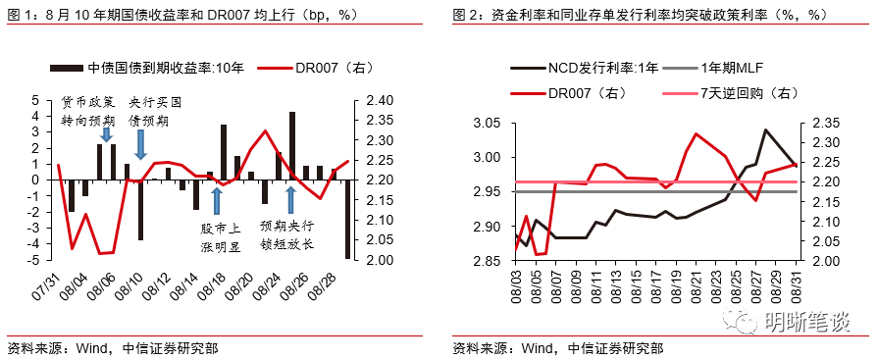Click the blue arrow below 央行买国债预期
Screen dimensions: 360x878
[x=140, y=143]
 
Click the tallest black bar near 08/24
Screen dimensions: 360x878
[x=292, y=145]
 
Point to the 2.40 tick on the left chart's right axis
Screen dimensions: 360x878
[x=379, y=100]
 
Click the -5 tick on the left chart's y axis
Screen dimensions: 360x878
[x=34, y=260]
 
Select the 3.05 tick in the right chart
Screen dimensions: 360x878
[x=488, y=124]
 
